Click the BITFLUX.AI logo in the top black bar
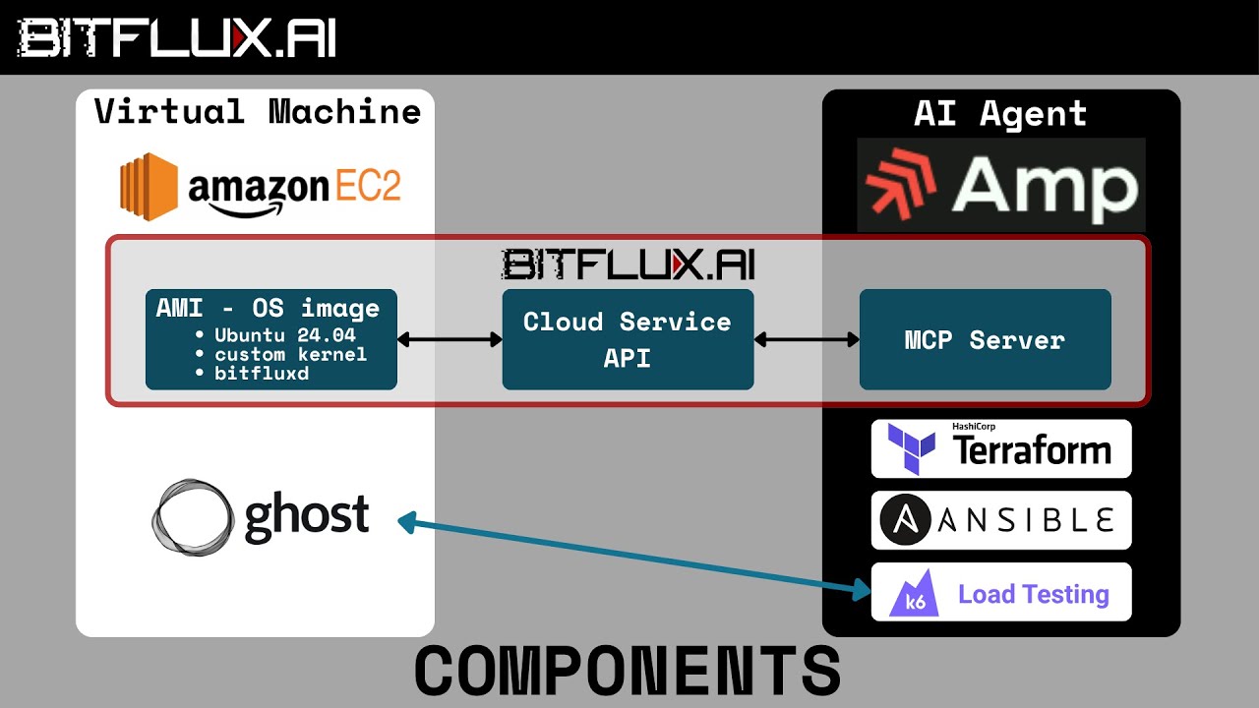coord(177,38)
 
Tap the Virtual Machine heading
coord(258,111)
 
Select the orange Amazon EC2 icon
coord(149,183)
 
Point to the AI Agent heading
coord(1000,114)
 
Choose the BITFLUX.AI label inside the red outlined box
coord(628,264)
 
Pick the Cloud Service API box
coord(628,339)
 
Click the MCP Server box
coord(985,340)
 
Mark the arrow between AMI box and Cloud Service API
coord(450,340)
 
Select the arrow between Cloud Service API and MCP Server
coord(807,340)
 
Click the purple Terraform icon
coord(911,449)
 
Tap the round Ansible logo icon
coord(903,520)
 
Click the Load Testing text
coord(1033,594)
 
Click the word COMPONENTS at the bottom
coord(628,672)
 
